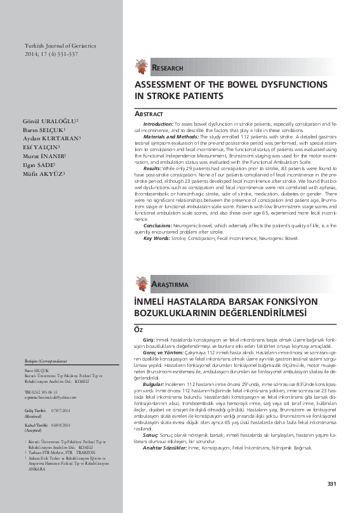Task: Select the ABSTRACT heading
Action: [x=149, y=114]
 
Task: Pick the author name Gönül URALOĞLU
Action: [x=50, y=121]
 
